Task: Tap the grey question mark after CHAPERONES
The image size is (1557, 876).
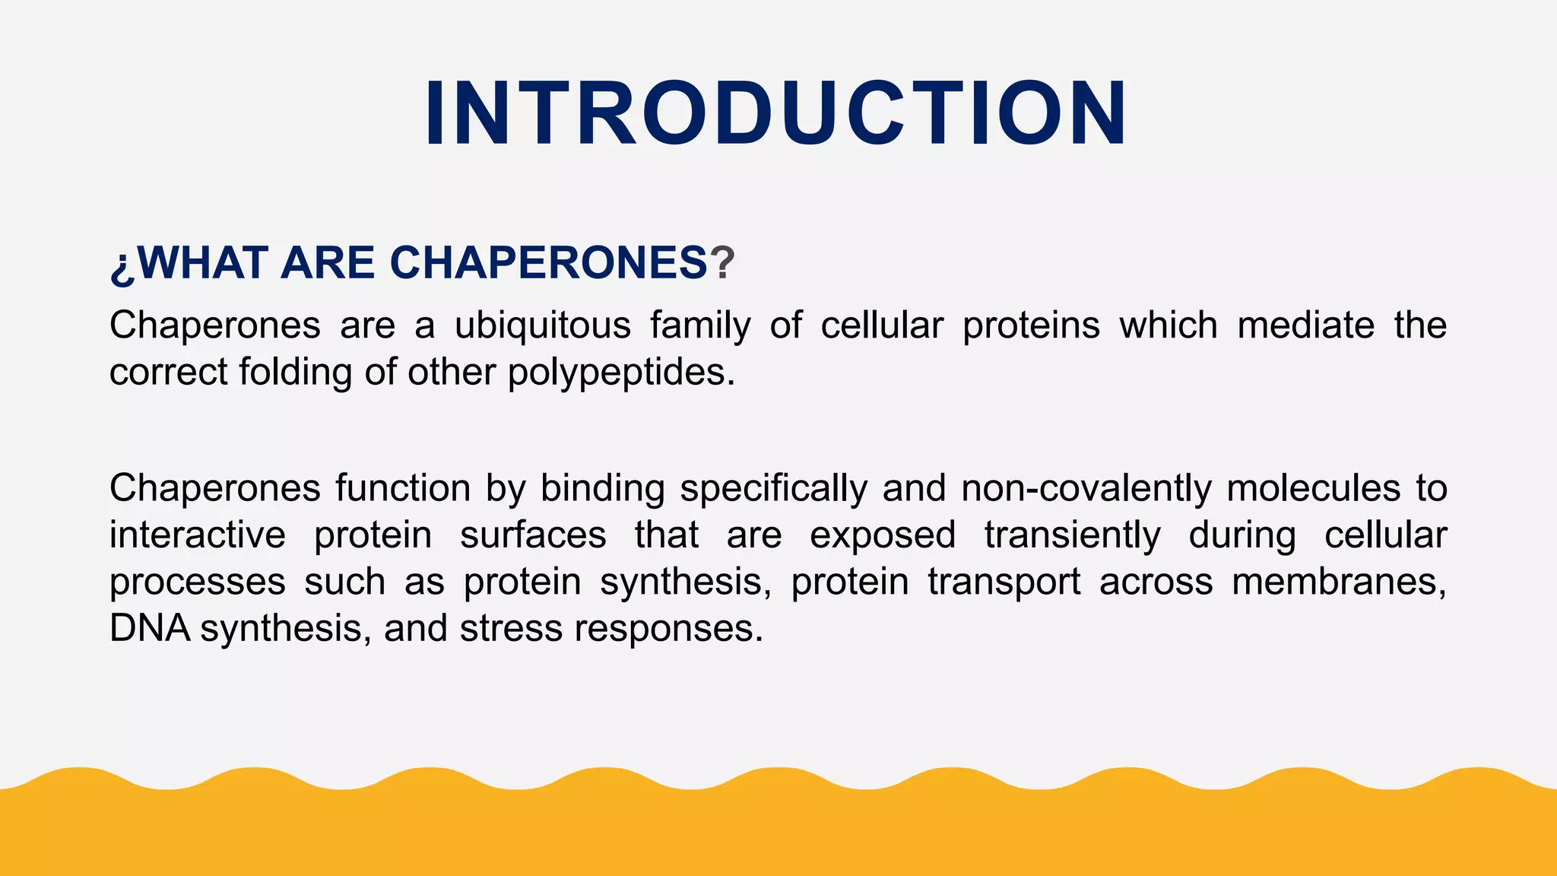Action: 722,263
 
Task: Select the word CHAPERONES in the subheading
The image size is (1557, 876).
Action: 548,263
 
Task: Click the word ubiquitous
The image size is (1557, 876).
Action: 542,325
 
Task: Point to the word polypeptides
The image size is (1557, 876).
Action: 620,373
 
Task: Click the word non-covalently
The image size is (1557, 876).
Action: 1086,488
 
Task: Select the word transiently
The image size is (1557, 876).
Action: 1073,535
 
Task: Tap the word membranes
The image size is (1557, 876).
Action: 1338,582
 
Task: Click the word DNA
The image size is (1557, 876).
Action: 149,629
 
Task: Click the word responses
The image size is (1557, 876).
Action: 668,629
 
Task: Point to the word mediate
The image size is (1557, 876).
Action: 1305,325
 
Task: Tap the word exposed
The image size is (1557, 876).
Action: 882,535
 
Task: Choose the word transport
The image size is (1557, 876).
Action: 1004,582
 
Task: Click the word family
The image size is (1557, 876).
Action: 700,325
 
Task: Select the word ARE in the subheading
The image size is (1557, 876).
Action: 328,263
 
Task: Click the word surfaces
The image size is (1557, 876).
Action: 533,535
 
